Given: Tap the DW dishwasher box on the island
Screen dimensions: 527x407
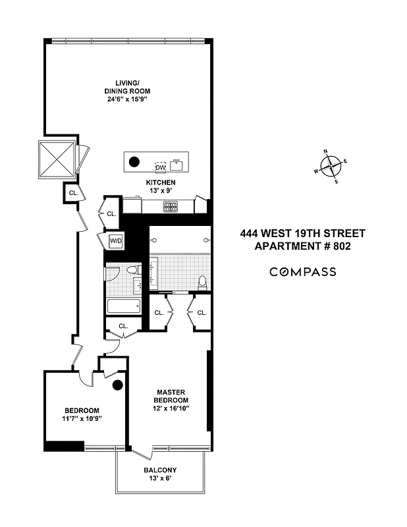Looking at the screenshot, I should (161, 168).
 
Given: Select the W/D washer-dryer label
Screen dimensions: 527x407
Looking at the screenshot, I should (116, 241).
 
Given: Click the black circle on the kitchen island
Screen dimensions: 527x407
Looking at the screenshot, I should (134, 161).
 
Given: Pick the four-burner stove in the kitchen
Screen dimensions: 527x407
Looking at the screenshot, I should (171, 206).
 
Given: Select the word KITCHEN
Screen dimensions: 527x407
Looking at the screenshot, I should (161, 182).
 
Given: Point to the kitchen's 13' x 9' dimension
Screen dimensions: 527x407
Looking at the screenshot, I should (161, 192).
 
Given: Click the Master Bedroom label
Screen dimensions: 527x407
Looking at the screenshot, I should (171, 395).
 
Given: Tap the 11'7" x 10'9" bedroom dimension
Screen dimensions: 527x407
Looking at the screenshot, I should (82, 419).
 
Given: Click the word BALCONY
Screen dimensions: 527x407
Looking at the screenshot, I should (161, 470).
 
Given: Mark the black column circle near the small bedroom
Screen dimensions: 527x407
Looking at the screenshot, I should (118, 386).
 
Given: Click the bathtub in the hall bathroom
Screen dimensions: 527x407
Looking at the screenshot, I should (124, 307).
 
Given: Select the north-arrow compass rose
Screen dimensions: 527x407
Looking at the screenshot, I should (331, 165).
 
